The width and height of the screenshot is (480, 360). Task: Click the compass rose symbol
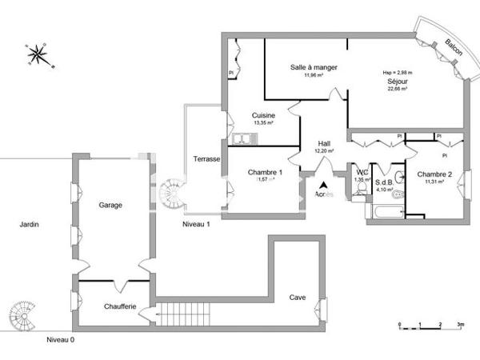tap(37, 55)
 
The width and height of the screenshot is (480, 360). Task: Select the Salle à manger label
tap(313, 67)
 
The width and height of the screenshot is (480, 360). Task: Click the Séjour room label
tap(398, 81)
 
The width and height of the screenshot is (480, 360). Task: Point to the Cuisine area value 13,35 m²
tap(263, 124)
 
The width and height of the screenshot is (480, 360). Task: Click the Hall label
tap(324, 142)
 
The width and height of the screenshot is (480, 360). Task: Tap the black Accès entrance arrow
tap(323, 185)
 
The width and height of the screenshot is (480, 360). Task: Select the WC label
tap(362, 172)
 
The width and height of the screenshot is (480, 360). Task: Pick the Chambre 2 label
tap(434, 174)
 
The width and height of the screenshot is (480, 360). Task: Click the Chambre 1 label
tap(264, 172)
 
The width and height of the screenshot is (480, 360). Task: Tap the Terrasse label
tap(206, 159)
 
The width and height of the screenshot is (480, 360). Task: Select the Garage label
tap(110, 205)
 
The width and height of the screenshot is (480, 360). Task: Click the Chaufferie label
tap(119, 306)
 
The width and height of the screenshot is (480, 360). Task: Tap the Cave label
tap(297, 298)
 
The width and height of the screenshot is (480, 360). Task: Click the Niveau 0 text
tap(60, 340)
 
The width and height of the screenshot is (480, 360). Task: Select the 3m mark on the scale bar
tap(461, 325)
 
